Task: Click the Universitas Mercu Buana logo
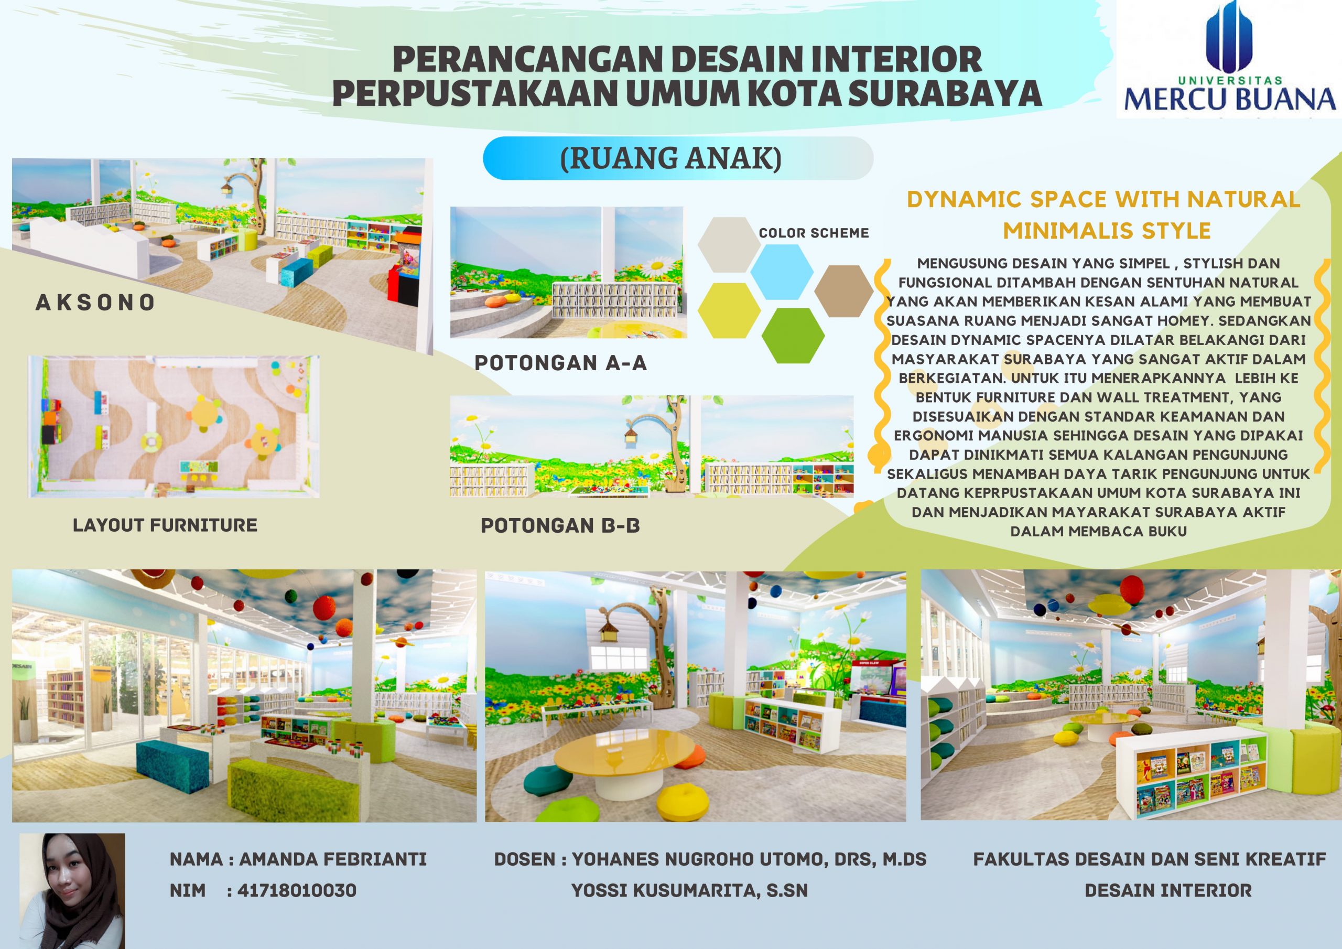[x=1229, y=59]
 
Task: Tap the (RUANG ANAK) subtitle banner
[x=678, y=158]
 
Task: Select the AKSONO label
[x=95, y=303]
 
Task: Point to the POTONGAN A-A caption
[x=560, y=363]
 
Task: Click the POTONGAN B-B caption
[x=560, y=526]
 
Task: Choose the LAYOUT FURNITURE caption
[x=165, y=525]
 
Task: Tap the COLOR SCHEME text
[x=814, y=233]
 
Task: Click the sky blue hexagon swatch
[x=782, y=272]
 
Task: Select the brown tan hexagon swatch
[x=843, y=290]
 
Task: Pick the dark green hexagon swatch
[x=793, y=336]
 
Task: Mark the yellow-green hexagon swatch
[x=729, y=310]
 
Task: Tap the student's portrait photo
[x=72, y=890]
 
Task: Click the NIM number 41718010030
[x=297, y=890]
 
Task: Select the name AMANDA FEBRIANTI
[x=332, y=859]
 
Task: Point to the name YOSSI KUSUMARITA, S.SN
[x=689, y=890]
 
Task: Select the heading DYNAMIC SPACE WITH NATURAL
[x=1103, y=199]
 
